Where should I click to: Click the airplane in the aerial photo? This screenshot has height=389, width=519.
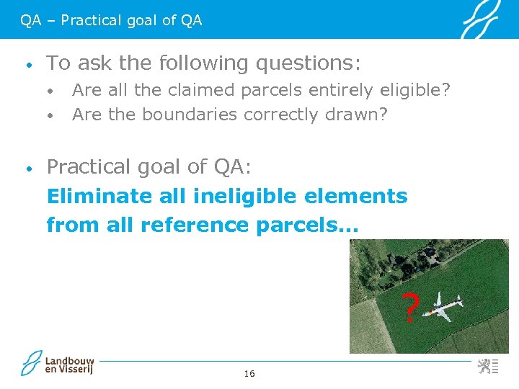click(x=443, y=306)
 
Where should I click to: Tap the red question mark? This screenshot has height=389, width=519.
click(x=409, y=308)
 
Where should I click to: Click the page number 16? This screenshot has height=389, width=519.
click(x=249, y=373)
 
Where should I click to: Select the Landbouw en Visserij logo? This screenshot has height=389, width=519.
click(x=58, y=363)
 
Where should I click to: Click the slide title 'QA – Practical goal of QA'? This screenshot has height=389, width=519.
click(x=111, y=20)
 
